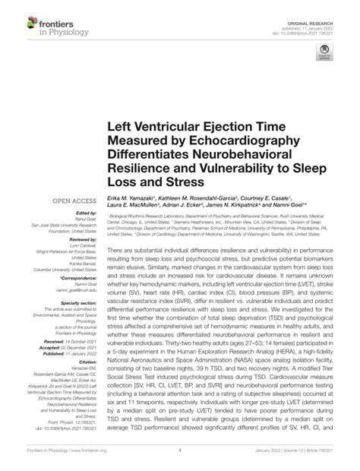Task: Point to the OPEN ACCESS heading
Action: click(x=72, y=201)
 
